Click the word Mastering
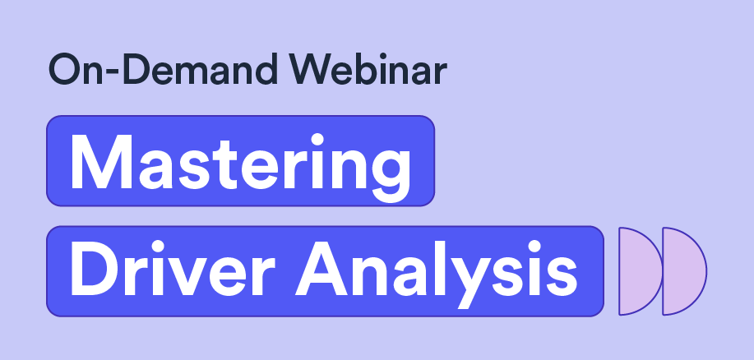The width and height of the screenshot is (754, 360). coord(241,166)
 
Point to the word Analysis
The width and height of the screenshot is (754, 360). coord(436,274)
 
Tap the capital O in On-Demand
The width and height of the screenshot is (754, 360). coord(64,70)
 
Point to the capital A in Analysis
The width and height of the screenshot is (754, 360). coord(321,268)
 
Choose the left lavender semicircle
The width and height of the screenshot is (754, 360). coord(641,271)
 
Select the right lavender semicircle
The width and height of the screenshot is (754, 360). coord(684,271)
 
